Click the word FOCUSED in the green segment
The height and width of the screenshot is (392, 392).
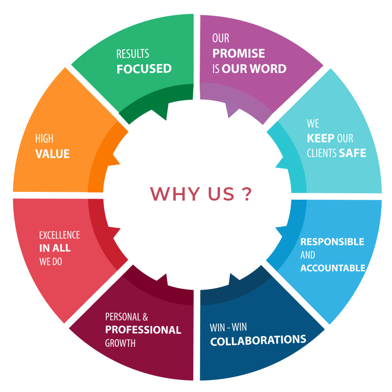144,69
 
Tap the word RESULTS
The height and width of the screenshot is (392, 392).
132,54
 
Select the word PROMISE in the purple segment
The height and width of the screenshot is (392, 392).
238,53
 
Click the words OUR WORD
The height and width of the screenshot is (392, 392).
254,69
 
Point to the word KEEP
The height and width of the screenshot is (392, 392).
321,138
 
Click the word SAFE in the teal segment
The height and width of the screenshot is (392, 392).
352,153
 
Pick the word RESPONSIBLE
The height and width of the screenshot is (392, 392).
332,242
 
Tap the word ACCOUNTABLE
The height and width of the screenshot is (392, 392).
333,268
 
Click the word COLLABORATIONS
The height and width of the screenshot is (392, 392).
258,340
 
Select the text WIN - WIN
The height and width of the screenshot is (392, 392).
228,327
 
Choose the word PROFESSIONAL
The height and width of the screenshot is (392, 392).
143,330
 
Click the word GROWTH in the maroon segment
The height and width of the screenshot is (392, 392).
120,344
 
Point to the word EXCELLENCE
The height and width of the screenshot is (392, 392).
59,235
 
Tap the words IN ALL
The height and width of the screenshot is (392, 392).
55,248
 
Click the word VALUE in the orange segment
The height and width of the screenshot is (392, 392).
52,154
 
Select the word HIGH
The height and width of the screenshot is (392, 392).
44,139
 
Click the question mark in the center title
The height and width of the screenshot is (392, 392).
246,194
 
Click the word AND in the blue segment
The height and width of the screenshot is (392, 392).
308,255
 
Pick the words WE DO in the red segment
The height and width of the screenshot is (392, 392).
51,261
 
